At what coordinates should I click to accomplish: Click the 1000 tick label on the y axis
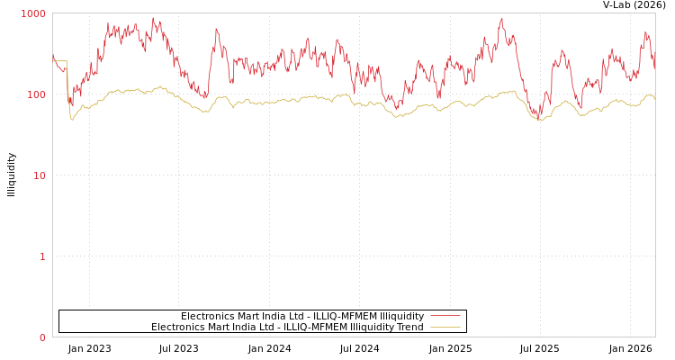click(x=33, y=13)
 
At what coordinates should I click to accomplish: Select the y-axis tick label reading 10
click(x=40, y=175)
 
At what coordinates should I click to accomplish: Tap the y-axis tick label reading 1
click(x=42, y=256)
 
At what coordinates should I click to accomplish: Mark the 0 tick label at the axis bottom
click(x=42, y=337)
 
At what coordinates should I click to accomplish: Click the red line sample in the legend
click(x=445, y=316)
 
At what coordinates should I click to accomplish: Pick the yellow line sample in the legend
click(x=445, y=327)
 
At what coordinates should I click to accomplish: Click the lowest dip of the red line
click(x=538, y=118)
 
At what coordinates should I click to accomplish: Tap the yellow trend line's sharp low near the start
click(x=72, y=119)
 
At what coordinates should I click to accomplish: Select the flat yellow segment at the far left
click(x=60, y=61)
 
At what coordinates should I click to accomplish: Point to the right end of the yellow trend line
click(x=654, y=97)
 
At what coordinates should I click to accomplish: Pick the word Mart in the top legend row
click(x=252, y=316)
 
